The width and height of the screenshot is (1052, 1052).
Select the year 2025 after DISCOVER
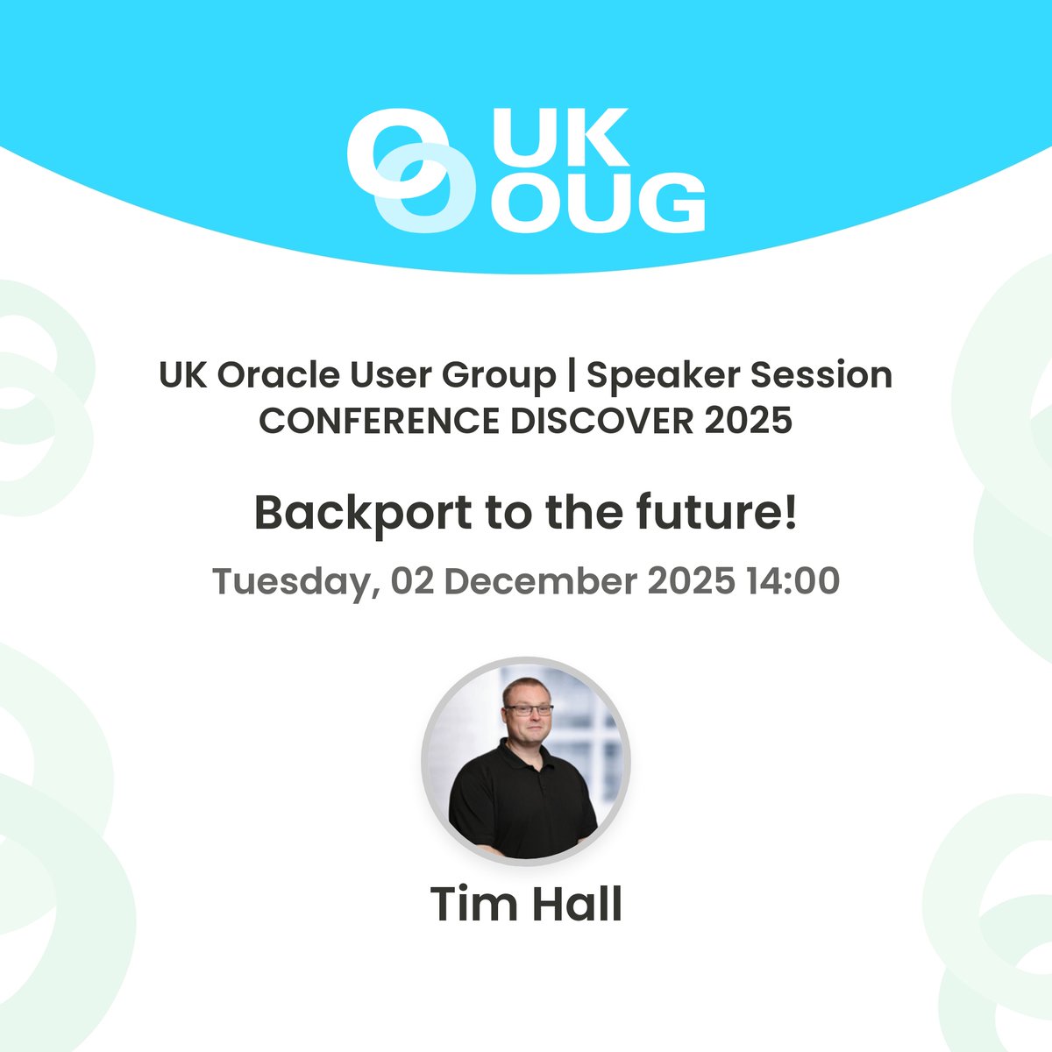click(749, 422)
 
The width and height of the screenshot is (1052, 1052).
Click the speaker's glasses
click(529, 708)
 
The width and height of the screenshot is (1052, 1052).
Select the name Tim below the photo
click(473, 904)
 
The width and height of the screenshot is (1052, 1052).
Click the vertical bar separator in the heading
click(572, 376)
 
